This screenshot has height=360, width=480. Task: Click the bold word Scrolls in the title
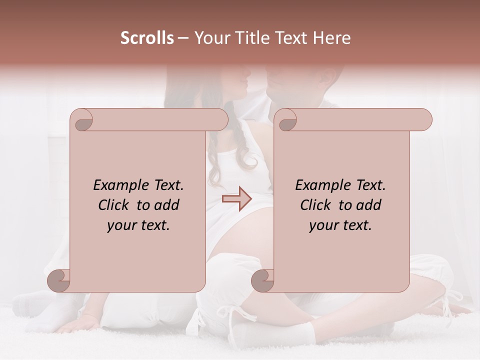tap(147, 38)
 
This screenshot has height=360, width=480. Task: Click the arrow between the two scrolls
tap(237, 198)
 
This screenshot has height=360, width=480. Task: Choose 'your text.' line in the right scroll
tap(340, 225)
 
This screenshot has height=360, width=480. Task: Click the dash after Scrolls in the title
tap(183, 38)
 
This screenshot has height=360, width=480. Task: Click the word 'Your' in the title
tap(211, 38)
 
